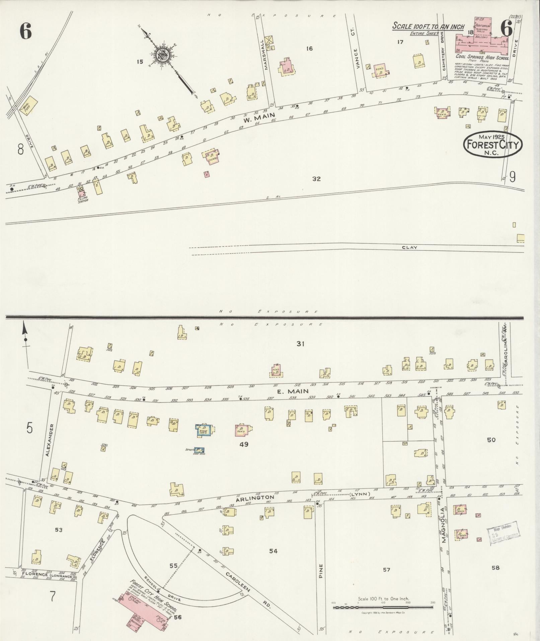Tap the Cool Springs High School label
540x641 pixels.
tap(482, 58)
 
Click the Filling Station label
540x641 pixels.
tap(82, 200)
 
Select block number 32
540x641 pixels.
tap(316, 179)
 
